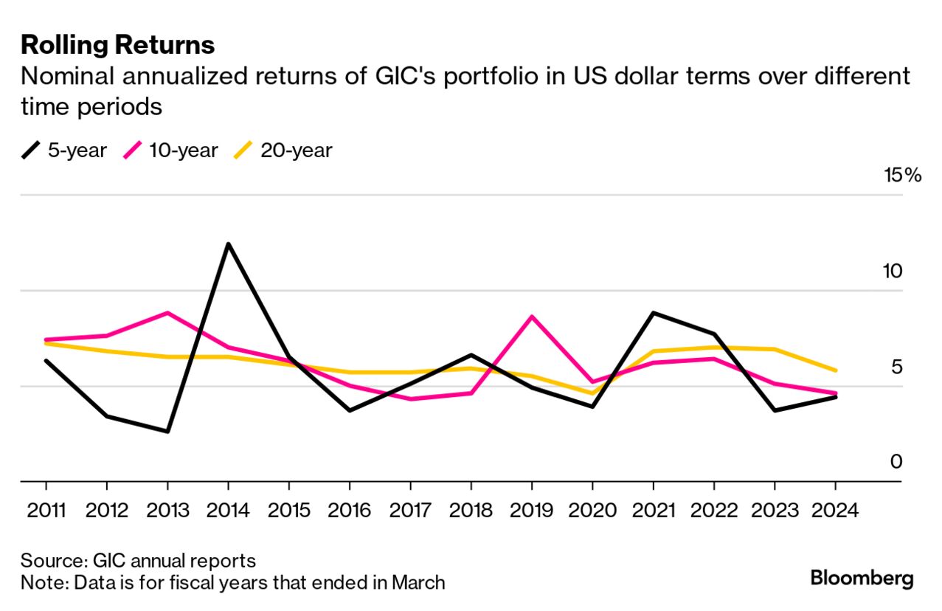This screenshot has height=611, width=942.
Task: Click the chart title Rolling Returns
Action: [118, 45]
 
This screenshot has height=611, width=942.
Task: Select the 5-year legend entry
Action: [65, 151]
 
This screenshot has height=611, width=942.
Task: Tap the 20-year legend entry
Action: [283, 151]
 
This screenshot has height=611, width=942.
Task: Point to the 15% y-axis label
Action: [903, 176]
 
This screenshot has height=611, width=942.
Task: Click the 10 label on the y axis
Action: [893, 271]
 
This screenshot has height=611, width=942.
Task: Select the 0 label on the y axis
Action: [896, 462]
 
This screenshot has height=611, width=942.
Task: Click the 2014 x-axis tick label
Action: [228, 511]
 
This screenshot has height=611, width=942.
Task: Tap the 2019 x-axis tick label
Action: [531, 511]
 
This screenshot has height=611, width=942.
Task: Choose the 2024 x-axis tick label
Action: [834, 511]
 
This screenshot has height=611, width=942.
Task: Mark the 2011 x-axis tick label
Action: [46, 511]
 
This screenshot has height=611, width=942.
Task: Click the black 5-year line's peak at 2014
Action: [229, 244]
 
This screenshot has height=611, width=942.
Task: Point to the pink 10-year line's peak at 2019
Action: [532, 317]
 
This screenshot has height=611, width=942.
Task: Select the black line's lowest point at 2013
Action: [167, 432]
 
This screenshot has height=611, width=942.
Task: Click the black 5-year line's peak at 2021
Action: [654, 313]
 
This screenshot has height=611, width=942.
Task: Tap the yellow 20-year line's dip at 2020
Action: [592, 393]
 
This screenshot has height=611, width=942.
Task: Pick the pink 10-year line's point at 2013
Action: [167, 313]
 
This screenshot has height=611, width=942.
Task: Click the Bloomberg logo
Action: [862, 578]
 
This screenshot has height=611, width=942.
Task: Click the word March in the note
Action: [418, 583]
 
